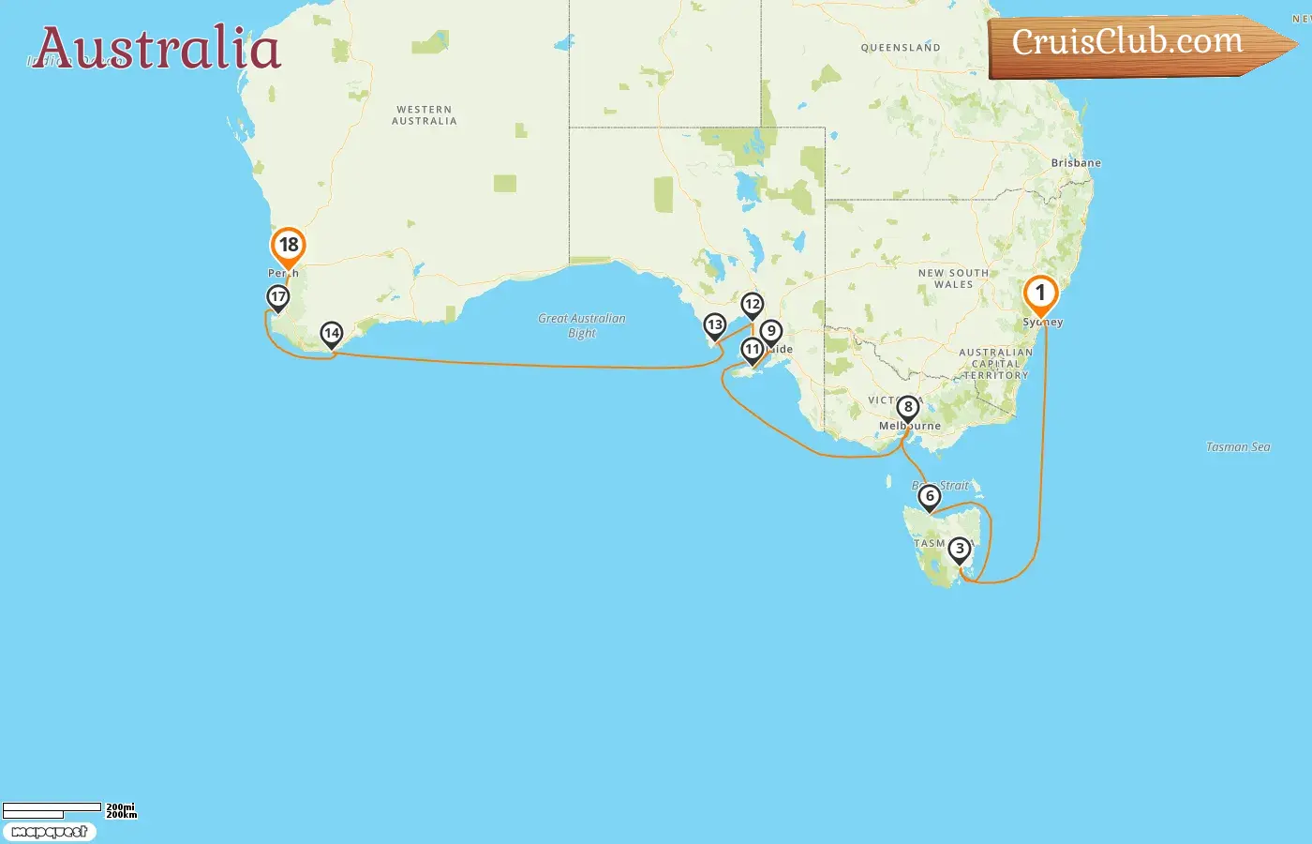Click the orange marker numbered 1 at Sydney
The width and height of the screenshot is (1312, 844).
pos(1040,294)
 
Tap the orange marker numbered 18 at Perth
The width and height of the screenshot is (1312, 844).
pos(289,246)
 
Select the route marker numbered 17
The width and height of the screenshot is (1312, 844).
pos(278,297)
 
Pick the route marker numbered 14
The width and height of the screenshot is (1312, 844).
pos(332,334)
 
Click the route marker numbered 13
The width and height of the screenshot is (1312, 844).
pos(715,325)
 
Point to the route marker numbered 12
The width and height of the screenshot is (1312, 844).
pos(753,305)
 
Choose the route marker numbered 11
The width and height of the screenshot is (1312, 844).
pos(753,350)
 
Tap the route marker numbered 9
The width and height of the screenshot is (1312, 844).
pos(771,331)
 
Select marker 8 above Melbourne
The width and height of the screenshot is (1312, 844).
pos(907,408)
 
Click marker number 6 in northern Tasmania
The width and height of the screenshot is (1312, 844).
pos(930,496)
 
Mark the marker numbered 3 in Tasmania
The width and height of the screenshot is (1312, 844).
pos(959,550)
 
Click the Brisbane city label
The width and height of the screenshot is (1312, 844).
pos(1076,163)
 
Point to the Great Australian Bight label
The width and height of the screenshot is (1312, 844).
pos(582,325)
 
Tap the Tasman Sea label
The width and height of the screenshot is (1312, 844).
pos(1238,447)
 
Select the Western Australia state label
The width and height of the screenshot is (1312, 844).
pos(425,115)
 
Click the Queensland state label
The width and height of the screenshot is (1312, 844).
pos(901,48)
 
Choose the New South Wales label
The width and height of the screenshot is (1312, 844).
pos(953,279)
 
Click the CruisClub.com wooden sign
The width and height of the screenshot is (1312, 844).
pos(1128,43)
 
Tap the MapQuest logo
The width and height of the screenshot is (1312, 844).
pos(50,832)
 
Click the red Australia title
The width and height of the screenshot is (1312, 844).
pos(157,49)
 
